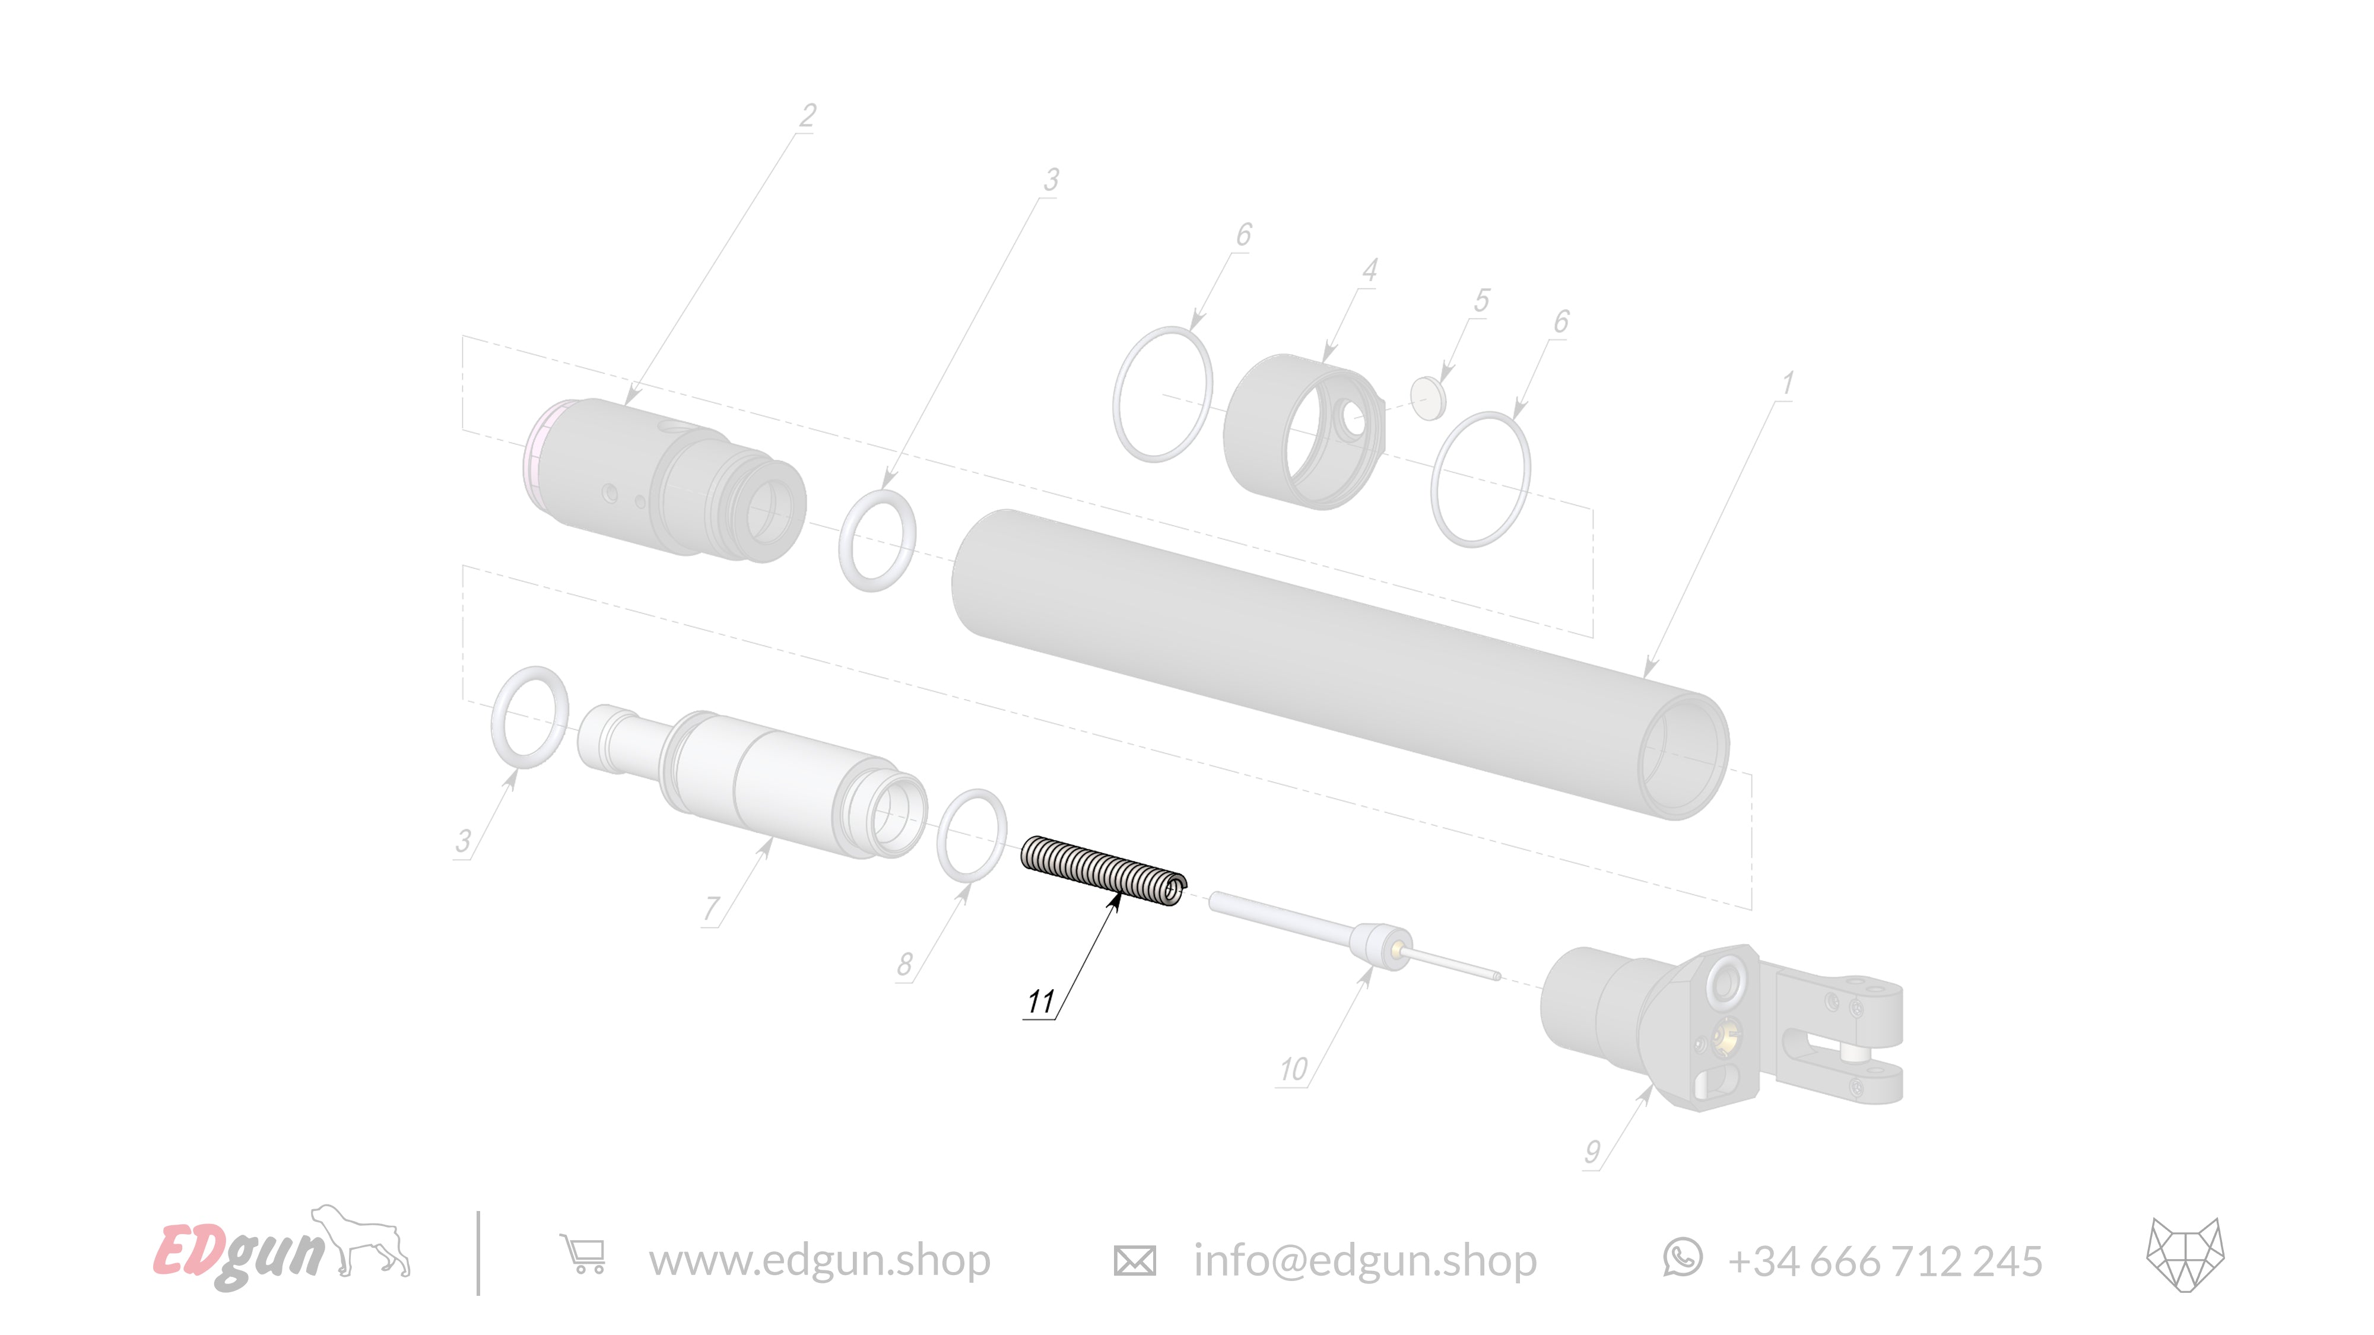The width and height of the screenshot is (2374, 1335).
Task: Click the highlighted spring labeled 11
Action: [x=1103, y=870]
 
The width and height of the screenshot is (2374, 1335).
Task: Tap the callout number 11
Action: [x=1040, y=1002]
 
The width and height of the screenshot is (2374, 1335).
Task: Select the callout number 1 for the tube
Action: [x=1787, y=383]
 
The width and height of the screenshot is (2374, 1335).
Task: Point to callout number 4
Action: [x=1369, y=270]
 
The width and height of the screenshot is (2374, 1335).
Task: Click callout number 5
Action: [x=1481, y=300]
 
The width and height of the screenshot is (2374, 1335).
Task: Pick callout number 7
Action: [x=710, y=908]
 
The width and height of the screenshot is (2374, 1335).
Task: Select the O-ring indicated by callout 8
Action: [x=972, y=835]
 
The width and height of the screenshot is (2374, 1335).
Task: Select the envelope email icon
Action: [x=1134, y=1260]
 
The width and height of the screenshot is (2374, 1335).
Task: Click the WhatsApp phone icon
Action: [x=1682, y=1258]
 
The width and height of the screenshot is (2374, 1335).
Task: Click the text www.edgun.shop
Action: [x=819, y=1260]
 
